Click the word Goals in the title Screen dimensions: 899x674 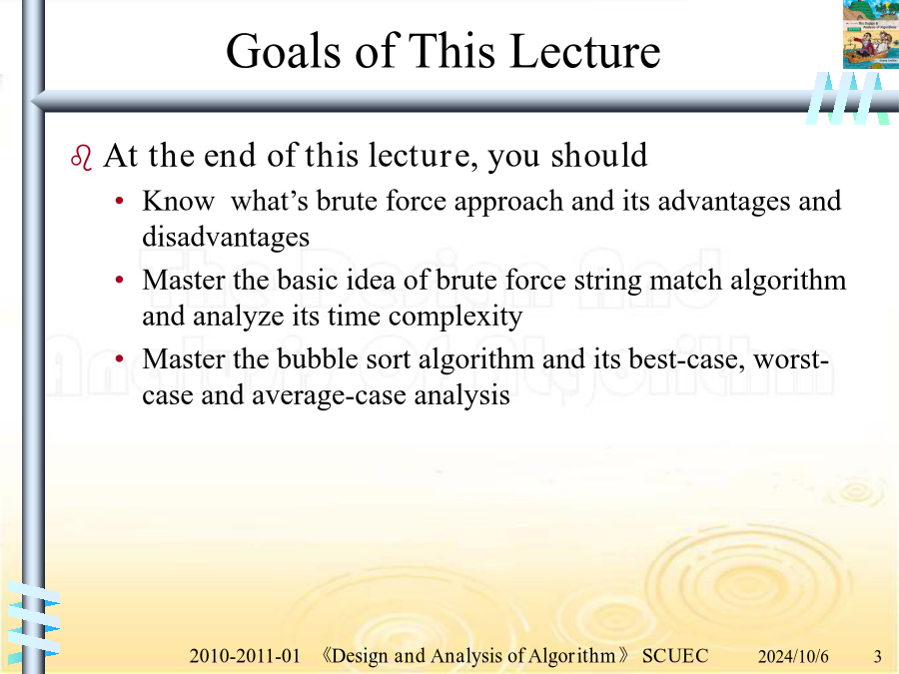point(284,52)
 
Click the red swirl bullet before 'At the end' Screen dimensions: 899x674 point(82,158)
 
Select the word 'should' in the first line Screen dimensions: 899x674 point(599,155)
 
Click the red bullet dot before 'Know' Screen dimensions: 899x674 point(119,201)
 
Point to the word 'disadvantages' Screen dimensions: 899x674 point(226,236)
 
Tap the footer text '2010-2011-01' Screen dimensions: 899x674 point(245,656)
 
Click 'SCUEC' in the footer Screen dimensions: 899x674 point(675,656)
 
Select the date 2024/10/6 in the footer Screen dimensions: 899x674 point(793,656)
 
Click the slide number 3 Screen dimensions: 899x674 point(877,656)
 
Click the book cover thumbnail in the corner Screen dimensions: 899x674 point(871,34)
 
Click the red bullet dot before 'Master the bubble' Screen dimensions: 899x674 point(119,359)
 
